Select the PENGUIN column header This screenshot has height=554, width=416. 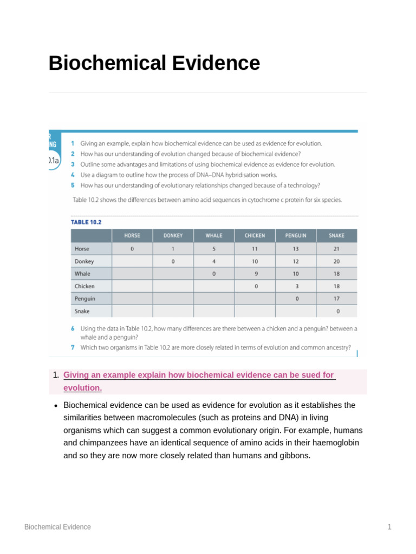pos(296,235)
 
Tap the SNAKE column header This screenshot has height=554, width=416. pos(336,235)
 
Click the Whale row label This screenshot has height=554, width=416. pos(82,274)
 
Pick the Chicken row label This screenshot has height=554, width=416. pos(84,286)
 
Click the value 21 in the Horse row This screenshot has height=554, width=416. pos(336,249)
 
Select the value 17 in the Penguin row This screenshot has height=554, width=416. pos(336,299)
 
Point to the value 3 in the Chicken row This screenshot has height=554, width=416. pos(296,286)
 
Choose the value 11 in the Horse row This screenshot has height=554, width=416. pos(255,249)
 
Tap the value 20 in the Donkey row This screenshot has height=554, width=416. pos(336,261)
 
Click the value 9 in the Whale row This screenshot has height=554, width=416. pos(256,274)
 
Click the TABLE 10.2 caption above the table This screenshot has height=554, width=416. pos(86,222)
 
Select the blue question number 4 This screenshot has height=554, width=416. pos(73,175)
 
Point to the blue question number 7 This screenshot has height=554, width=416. pos(73,347)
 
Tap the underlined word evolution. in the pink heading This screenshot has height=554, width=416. pos(82,388)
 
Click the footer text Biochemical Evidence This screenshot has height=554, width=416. pos(57,527)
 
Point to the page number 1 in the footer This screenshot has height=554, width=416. pos(389,527)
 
